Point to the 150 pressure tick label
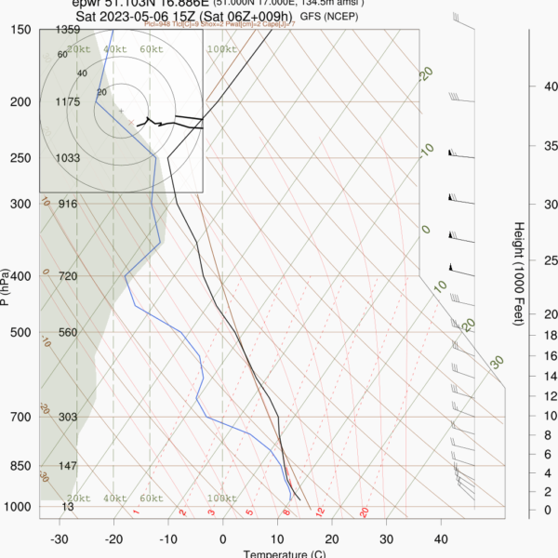[x=20, y=30]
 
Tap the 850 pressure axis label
[x=20, y=466]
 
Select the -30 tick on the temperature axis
[x=60, y=538]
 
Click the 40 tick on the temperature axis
[x=440, y=538]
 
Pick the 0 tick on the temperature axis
[x=222, y=538]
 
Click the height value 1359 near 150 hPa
[x=68, y=31]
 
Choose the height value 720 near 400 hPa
[x=67, y=277]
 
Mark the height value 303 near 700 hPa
[x=67, y=418]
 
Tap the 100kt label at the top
[x=221, y=49]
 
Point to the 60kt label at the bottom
[x=150, y=499]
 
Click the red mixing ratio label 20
[x=365, y=512]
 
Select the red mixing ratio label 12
[x=320, y=512]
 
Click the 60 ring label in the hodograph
[x=62, y=55]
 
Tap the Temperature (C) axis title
[x=284, y=554]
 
